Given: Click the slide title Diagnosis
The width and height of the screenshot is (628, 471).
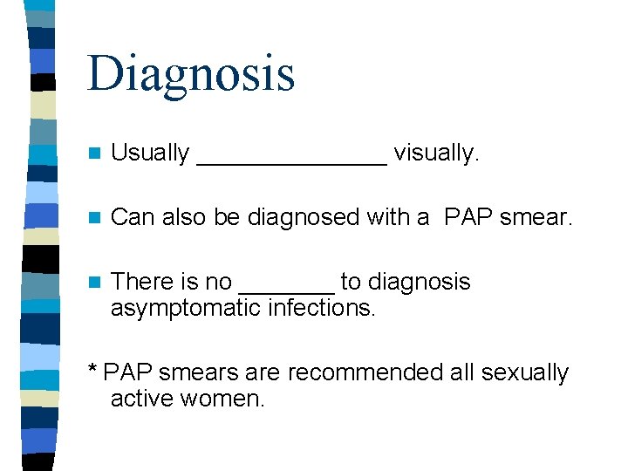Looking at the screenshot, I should [x=191, y=72].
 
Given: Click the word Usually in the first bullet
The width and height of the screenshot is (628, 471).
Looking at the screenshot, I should [x=150, y=153].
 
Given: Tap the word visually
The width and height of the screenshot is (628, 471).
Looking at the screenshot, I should [x=436, y=153].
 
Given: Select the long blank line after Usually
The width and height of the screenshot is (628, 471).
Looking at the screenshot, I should [x=292, y=161].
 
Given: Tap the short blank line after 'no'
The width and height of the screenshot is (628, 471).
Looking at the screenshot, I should [x=286, y=290].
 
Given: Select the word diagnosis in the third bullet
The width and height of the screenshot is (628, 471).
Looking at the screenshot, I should [x=418, y=282].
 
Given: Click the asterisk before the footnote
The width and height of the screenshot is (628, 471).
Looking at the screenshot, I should [x=92, y=371].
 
